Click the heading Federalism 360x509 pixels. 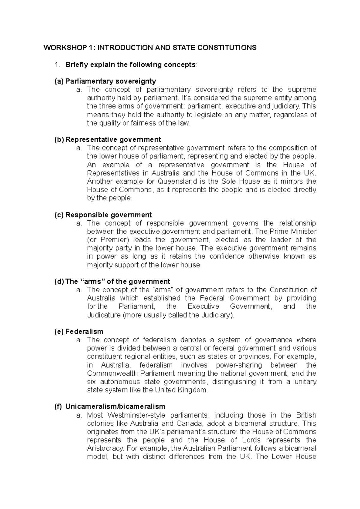(84, 332)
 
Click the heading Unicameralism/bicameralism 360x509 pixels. (115, 406)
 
